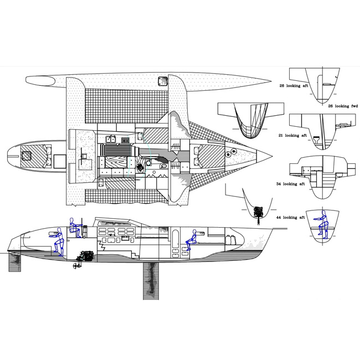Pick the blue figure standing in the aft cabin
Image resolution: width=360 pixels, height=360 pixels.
click(x=57, y=241)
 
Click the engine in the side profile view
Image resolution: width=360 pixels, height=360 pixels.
click(x=86, y=257)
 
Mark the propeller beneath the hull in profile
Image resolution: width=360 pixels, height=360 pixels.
click(x=73, y=265)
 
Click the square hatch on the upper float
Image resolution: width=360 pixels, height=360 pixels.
click(x=163, y=80)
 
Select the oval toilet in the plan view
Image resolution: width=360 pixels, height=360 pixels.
click(x=164, y=166)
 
